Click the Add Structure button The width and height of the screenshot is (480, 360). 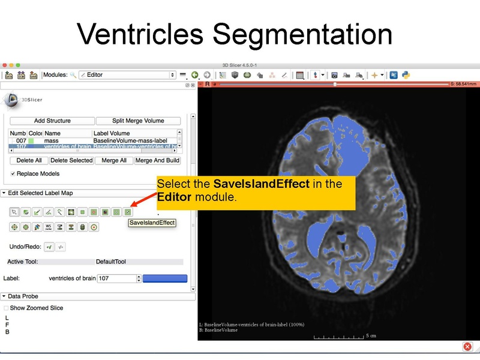[x=52, y=121]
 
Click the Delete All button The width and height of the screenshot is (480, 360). [x=29, y=160]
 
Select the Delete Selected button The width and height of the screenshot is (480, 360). [x=71, y=160]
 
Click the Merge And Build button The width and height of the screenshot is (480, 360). [x=157, y=160]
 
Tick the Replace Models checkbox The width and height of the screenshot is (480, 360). [x=13, y=173]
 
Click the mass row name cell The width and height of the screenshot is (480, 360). [x=51, y=140]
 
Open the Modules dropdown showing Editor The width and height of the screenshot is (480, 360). [x=127, y=75]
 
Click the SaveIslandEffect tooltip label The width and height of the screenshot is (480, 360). [x=152, y=223]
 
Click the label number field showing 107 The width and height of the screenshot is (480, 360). [x=117, y=278]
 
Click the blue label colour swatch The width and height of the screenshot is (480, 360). [x=164, y=278]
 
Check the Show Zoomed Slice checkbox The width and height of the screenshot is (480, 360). [x=7, y=308]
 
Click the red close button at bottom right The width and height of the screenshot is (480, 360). [x=467, y=347]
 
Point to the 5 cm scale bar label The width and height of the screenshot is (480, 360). [x=371, y=336]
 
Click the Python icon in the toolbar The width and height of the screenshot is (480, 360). [x=406, y=75]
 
